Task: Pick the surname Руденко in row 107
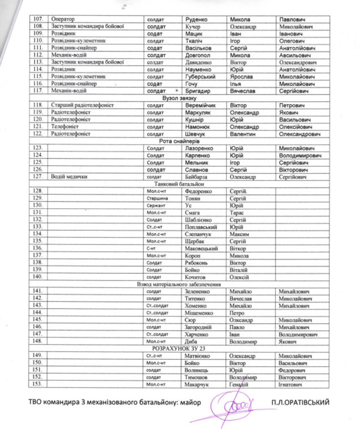pos(198,18)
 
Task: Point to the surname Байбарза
pos(199,177)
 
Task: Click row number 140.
pos(38,277)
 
